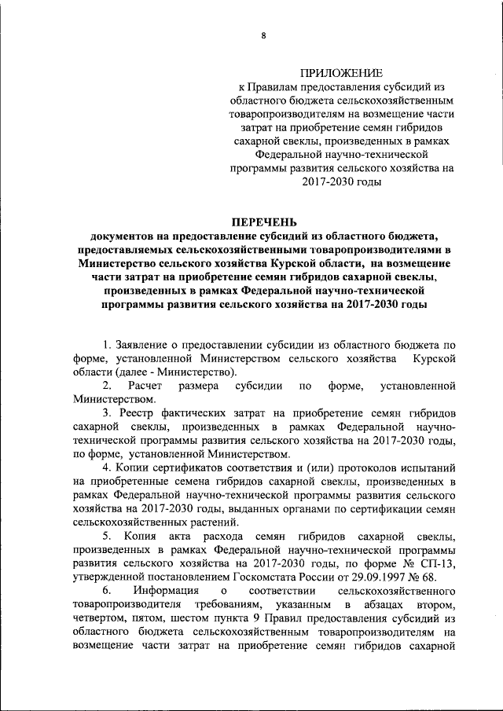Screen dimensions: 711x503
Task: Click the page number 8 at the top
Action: (263, 35)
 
